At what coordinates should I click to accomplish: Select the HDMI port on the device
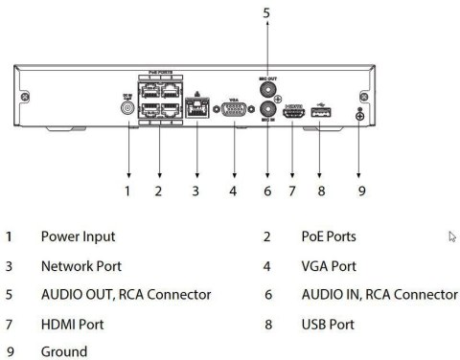pyautogui.click(x=294, y=112)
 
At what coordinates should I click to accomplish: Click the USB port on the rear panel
pyautogui.click(x=320, y=112)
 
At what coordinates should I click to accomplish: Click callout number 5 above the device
pyautogui.click(x=266, y=13)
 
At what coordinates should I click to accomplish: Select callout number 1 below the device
pyautogui.click(x=127, y=191)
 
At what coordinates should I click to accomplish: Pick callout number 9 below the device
pyautogui.click(x=360, y=191)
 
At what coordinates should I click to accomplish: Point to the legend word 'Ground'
pyautogui.click(x=63, y=351)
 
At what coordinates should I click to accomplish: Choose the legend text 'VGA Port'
pyautogui.click(x=331, y=265)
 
